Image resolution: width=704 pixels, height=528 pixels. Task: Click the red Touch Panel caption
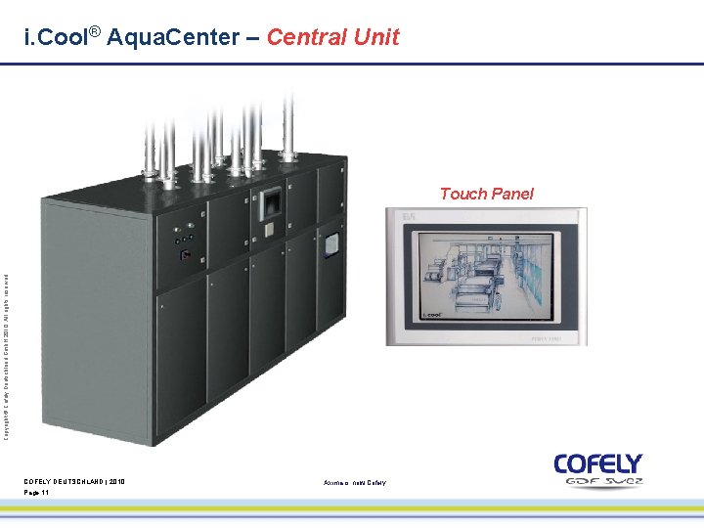click(486, 194)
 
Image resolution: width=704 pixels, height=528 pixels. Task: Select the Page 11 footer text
click(37, 493)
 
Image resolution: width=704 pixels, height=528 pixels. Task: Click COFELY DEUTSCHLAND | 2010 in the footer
click(74, 481)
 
